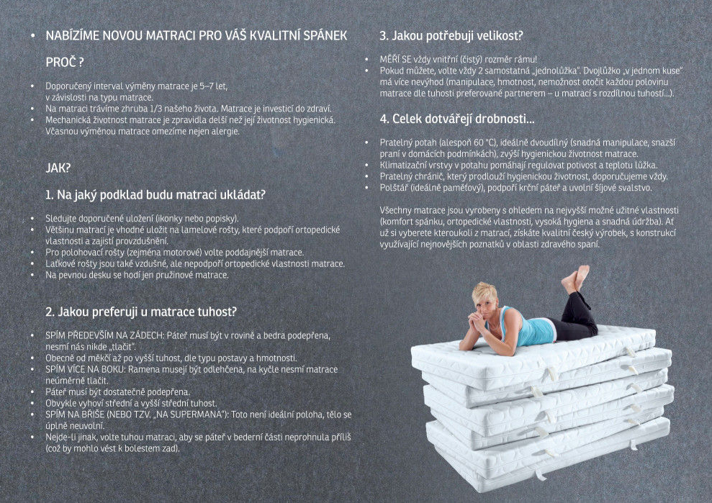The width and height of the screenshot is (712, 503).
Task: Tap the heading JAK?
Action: tap(58, 168)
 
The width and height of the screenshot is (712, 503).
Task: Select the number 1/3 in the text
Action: tap(156, 109)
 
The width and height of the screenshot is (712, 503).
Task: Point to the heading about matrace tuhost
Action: tap(141, 312)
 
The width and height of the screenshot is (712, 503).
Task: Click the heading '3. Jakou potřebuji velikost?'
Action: tap(451, 35)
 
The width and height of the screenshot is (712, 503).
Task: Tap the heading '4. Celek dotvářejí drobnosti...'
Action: tap(457, 119)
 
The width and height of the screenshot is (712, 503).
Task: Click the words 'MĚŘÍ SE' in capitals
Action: tap(395, 60)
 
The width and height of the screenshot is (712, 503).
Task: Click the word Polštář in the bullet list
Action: tap(394, 188)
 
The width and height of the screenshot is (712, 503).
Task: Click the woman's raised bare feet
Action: tap(576, 278)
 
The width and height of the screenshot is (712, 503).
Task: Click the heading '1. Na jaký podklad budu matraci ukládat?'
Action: tap(156, 195)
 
